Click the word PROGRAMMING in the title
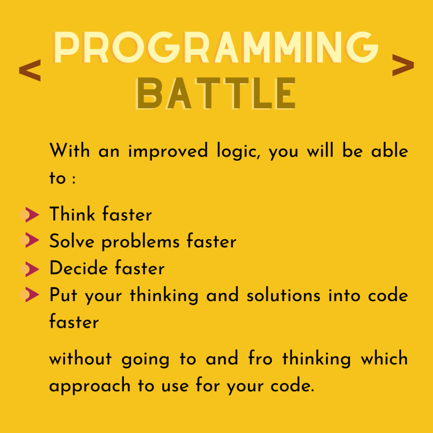[x=216, y=47]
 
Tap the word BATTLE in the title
[x=216, y=93]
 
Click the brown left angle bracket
[x=30, y=70]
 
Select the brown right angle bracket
[x=403, y=65]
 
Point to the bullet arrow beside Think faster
[x=30, y=214]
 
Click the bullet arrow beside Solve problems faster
[x=30, y=240]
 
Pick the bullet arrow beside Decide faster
[x=30, y=269]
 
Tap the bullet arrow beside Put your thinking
[x=30, y=294]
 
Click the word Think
[x=72, y=214]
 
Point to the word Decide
[x=79, y=268]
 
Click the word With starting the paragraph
[x=70, y=151]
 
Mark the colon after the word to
[x=74, y=179]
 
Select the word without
[x=80, y=359]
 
